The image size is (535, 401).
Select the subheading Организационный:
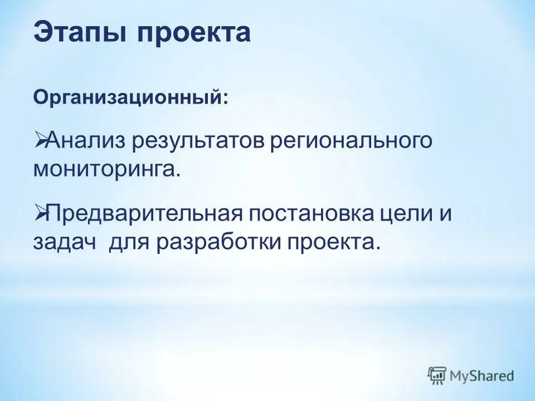(130, 97)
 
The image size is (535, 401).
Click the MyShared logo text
(482, 375)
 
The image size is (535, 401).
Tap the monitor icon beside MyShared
(437, 375)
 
